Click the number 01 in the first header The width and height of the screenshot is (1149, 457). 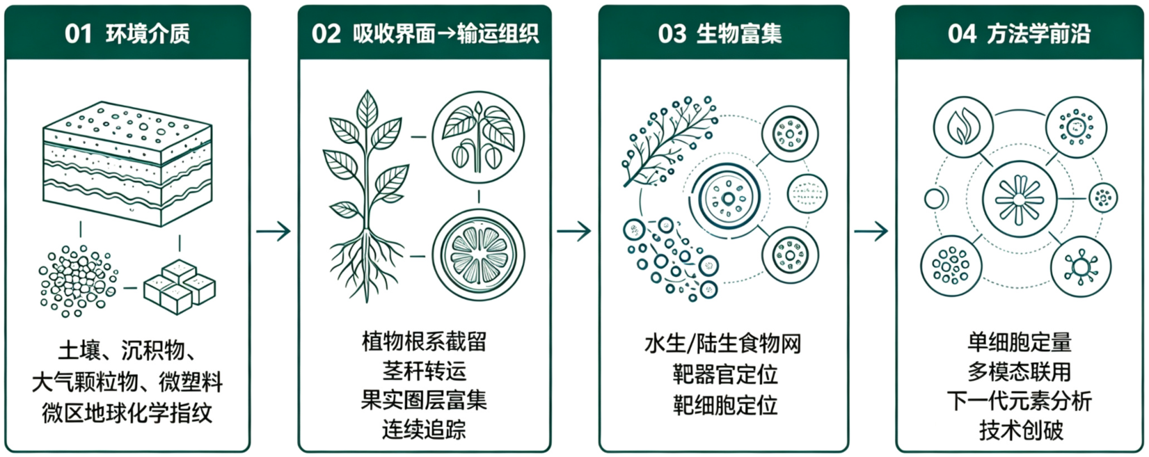[78, 34]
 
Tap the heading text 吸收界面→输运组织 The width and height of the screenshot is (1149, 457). [445, 34]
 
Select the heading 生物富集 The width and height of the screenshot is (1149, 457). [739, 34]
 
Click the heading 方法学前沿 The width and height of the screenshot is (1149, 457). [1039, 34]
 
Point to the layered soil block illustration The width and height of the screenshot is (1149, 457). [127, 163]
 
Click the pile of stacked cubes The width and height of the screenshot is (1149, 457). [180, 287]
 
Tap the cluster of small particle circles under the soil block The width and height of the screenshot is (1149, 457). [78, 281]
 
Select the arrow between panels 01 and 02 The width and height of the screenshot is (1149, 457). [274, 232]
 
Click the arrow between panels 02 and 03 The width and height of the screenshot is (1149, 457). [574, 232]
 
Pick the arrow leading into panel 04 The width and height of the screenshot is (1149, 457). [871, 232]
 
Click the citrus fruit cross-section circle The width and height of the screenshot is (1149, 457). [479, 255]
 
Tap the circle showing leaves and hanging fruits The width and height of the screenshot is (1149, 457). [479, 138]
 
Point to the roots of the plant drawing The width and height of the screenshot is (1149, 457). [366, 265]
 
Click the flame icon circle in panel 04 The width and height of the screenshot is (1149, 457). [963, 127]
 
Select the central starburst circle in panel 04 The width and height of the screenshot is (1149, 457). [1020, 198]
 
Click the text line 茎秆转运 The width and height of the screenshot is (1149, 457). [425, 371]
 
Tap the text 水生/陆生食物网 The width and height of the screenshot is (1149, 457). [723, 344]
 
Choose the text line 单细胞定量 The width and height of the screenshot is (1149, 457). [1020, 342]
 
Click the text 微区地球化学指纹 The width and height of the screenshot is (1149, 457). [127, 413]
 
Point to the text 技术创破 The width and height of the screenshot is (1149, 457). [1021, 431]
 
